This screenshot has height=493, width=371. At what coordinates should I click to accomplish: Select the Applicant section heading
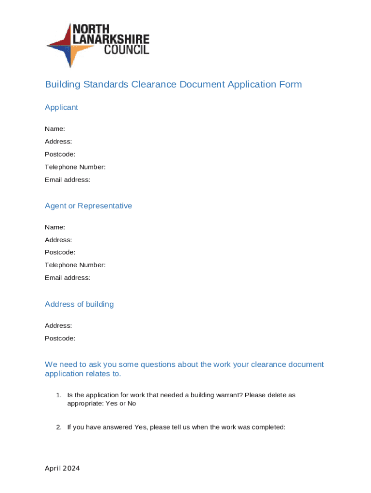[61, 107]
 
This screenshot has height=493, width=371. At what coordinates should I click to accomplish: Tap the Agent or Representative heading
[88, 206]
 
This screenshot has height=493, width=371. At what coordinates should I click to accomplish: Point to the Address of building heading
[79, 304]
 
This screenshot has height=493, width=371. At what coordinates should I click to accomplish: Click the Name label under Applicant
[55, 129]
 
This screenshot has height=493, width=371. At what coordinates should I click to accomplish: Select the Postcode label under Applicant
[60, 154]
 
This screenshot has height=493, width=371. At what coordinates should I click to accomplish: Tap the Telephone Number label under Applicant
[75, 167]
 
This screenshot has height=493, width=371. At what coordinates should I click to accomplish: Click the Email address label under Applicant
[67, 180]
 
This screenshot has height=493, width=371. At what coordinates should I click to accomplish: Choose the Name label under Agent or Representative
[55, 227]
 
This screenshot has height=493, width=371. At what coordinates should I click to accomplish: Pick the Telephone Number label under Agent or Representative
[75, 265]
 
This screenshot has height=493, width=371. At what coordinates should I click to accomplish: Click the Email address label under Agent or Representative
[67, 278]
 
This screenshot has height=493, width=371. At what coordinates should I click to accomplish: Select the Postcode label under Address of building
[60, 338]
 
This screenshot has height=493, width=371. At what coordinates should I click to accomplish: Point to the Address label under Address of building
[58, 325]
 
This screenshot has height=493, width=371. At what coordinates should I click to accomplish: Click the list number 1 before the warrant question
[58, 395]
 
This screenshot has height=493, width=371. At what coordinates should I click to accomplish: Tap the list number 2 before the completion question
[58, 427]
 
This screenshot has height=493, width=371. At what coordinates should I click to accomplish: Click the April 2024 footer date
[63, 468]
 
